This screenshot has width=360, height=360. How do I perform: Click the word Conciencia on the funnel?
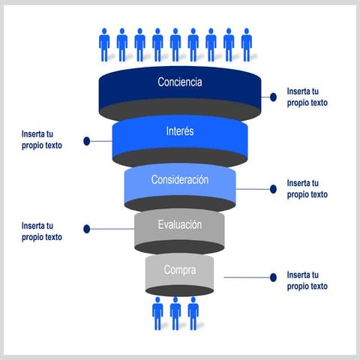(x=180, y=82)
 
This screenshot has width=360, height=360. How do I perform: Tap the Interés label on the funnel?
(x=180, y=131)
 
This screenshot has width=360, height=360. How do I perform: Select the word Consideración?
(x=180, y=180)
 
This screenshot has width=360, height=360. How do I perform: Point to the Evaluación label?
(x=180, y=224)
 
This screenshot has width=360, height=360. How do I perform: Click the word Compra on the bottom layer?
(x=180, y=269)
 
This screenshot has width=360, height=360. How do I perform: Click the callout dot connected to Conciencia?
(x=274, y=97)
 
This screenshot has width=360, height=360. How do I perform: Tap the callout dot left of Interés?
(x=87, y=140)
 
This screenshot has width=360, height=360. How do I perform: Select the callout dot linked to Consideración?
(x=274, y=189)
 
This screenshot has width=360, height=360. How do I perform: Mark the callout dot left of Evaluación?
(x=87, y=229)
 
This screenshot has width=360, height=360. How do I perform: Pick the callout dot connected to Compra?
(x=274, y=277)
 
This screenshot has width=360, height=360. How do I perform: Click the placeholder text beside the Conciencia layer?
(x=307, y=97)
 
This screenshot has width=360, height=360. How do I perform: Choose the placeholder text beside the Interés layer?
(x=42, y=140)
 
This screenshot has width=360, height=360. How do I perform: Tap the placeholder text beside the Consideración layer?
(x=307, y=189)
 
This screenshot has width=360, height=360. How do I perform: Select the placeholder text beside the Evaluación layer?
(x=42, y=231)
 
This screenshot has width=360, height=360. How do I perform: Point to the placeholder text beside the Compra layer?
(x=307, y=280)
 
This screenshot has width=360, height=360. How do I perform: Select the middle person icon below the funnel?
(x=175, y=313)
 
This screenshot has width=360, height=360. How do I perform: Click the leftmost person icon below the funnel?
(x=157, y=313)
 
